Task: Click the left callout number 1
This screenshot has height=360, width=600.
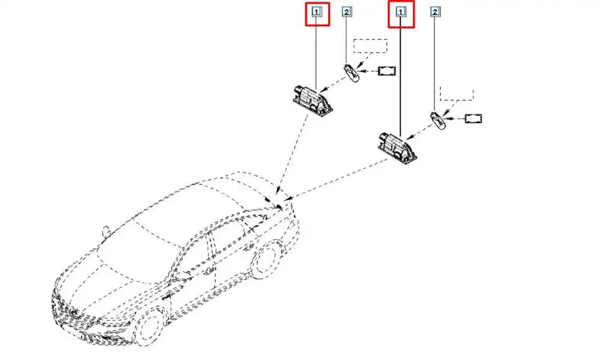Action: click(316, 12)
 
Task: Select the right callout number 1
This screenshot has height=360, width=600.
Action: click(401, 13)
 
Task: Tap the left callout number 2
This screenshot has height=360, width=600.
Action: click(347, 12)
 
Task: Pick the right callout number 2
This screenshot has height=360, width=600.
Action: click(435, 12)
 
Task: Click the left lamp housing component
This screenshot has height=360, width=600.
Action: click(312, 100)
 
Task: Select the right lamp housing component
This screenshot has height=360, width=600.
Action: click(397, 147)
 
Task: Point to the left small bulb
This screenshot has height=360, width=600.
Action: click(351, 73)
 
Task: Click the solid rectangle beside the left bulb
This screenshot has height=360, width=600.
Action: click(386, 71)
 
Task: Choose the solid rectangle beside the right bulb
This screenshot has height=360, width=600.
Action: click(473, 119)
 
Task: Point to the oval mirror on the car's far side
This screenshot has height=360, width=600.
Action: click(106, 231)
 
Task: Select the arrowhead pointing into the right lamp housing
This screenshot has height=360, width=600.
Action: click(408, 137)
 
